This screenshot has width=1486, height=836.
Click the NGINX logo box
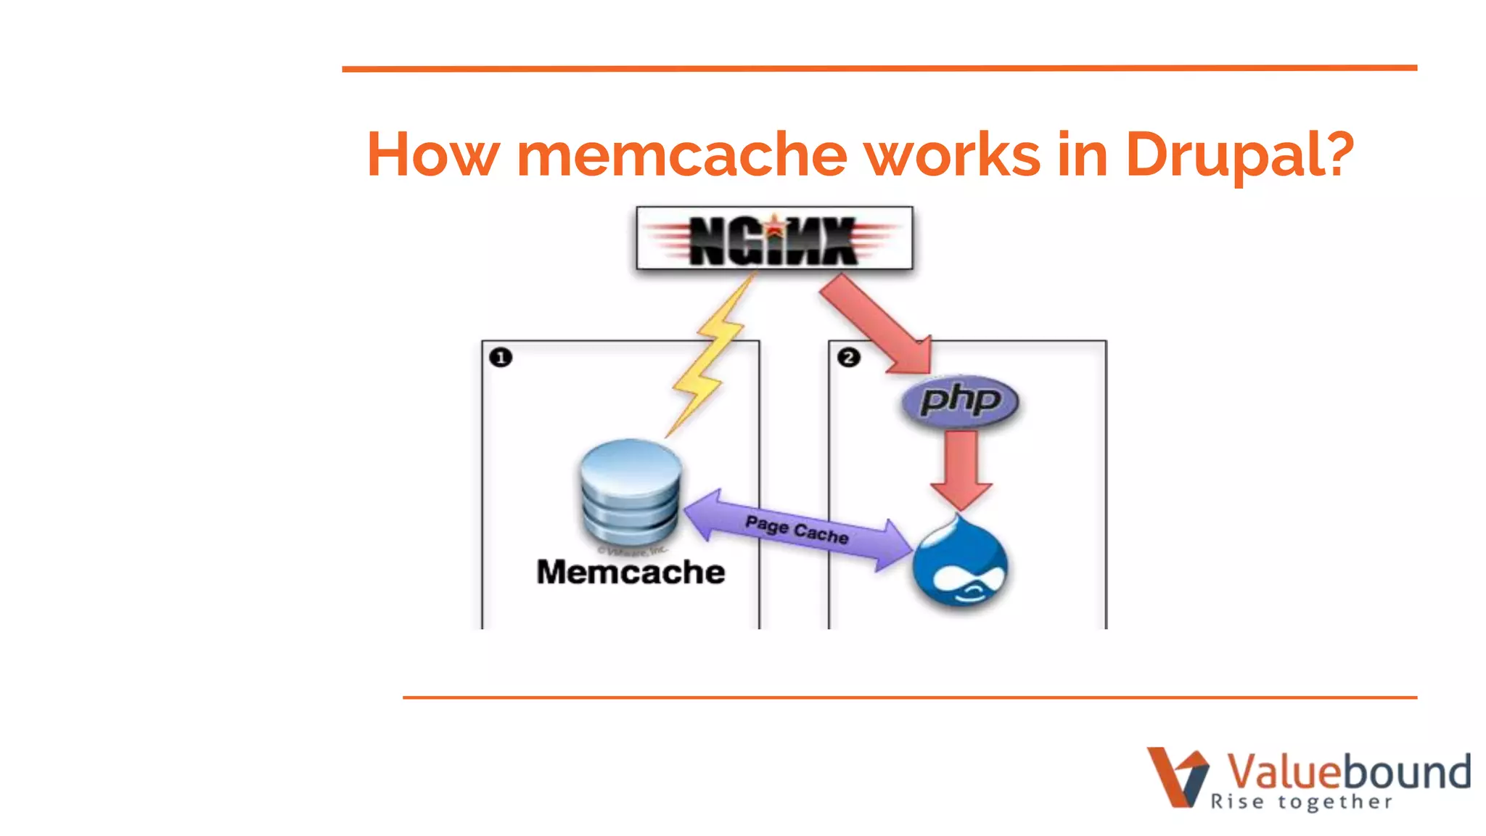coord(774,239)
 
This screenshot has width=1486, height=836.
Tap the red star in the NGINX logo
coord(775,228)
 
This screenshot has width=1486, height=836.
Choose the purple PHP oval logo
coord(960,401)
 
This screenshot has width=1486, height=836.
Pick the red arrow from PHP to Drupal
coord(961,469)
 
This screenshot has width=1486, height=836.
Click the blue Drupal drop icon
coord(960,563)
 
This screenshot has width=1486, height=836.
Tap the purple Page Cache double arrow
coord(797,530)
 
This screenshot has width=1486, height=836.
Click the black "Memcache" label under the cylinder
coord(631,572)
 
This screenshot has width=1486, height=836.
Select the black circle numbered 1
coord(501,358)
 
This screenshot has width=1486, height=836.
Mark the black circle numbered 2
coord(848,358)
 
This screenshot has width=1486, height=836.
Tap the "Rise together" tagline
coord(1301,802)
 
